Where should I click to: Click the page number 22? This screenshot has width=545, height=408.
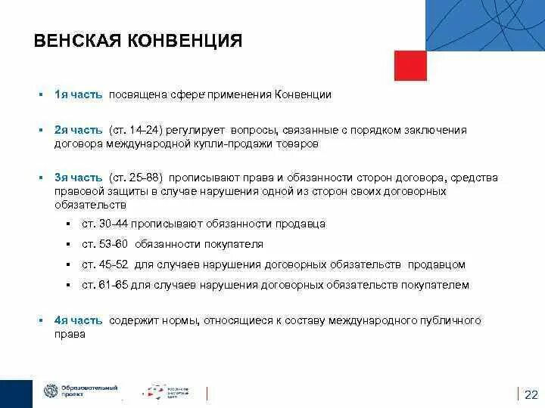pyautogui.click(x=531, y=394)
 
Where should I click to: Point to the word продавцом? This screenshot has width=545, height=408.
pyautogui.click(x=437, y=265)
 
